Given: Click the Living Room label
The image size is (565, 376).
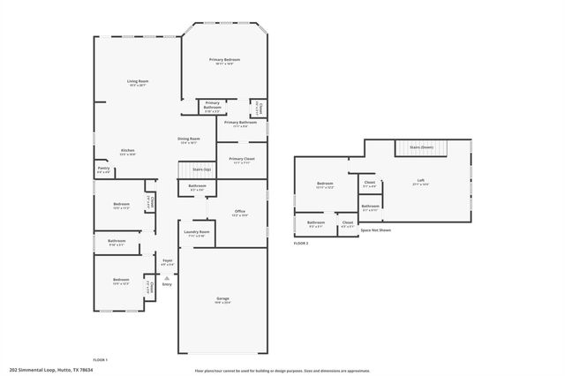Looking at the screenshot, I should [138, 81].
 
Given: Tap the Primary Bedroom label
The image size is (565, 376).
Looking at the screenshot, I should [224, 59].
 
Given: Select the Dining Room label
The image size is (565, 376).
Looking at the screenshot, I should [189, 139].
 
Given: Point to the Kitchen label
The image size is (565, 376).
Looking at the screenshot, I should [128, 151].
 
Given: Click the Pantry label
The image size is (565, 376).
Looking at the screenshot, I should [103, 168].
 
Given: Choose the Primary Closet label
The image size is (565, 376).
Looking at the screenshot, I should [241, 159].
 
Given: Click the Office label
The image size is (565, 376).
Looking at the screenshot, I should [239, 212].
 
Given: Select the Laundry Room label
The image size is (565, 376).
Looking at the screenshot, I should [197, 232].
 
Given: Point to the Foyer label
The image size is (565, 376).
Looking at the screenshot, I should [167, 260].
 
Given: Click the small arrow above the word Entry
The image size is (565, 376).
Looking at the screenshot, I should [167, 277].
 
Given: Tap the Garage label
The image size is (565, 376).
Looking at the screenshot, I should [222, 299].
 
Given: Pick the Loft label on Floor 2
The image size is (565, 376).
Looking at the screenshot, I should [421, 181].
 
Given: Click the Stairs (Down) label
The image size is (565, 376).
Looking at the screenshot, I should [420, 147].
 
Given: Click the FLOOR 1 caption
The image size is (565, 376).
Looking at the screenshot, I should [100, 359].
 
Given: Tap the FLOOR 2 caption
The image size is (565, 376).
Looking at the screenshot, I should [300, 243].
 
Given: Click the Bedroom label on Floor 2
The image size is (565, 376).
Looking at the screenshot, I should [325, 183].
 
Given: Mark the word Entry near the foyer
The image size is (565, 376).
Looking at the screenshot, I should [167, 283].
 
